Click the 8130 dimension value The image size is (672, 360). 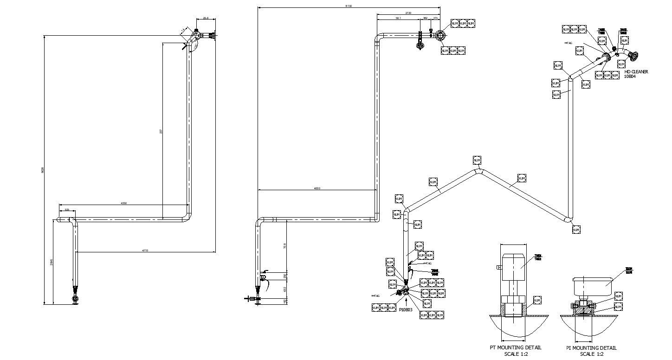349,6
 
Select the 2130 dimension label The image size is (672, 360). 408,13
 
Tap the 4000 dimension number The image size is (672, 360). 317,188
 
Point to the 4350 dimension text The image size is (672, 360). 124,203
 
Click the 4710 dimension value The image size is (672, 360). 145,251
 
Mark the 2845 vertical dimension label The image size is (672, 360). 51,263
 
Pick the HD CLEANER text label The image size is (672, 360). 636,72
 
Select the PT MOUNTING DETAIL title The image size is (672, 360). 515,347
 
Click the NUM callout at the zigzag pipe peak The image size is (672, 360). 477,161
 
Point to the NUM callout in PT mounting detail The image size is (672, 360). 537,300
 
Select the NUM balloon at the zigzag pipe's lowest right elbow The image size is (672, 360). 576,229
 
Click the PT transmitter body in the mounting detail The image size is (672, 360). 513,267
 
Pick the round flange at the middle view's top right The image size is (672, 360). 440,36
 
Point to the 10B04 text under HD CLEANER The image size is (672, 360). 630,77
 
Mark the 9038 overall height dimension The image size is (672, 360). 43,170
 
